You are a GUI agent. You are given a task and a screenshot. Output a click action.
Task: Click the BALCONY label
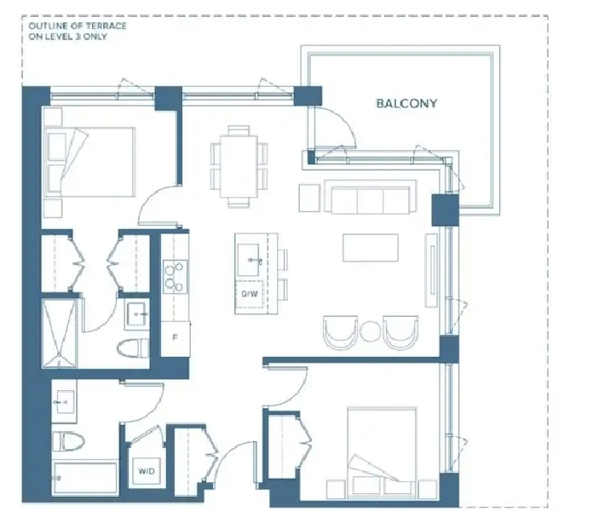pyautogui.click(x=406, y=103)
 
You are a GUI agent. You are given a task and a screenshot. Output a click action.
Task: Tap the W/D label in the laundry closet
pyautogui.click(x=147, y=471)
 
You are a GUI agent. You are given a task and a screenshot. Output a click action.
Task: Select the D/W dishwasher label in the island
pyautogui.click(x=250, y=294)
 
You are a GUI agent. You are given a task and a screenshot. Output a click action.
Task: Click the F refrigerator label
pyautogui.click(x=175, y=337)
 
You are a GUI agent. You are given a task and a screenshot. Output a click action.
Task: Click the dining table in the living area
pyautogui.click(x=239, y=166)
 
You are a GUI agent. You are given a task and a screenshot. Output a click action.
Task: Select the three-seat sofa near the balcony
pyautogui.click(x=370, y=197)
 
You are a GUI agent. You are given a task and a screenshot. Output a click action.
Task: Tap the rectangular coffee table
pyautogui.click(x=371, y=247)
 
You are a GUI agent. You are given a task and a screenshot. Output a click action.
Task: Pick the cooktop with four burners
pyautogui.click(x=175, y=277)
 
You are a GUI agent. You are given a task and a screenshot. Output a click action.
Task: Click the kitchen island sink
pyautogui.click(x=248, y=260)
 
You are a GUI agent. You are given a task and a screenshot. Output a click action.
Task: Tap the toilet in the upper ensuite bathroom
pyautogui.click(x=133, y=348)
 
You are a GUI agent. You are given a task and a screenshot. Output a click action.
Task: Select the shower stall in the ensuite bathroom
pyautogui.click(x=59, y=333)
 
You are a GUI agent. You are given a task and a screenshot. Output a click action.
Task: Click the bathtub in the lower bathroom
pyautogui.click(x=85, y=477)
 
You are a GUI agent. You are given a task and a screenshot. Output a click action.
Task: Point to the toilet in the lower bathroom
pyautogui.click(x=68, y=440)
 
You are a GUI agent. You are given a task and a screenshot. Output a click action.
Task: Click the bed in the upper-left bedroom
pyautogui.click(x=89, y=162)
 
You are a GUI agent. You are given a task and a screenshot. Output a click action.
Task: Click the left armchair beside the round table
pyautogui.click(x=341, y=332)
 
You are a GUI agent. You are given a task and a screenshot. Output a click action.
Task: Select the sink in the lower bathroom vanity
pyautogui.click(x=65, y=401)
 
